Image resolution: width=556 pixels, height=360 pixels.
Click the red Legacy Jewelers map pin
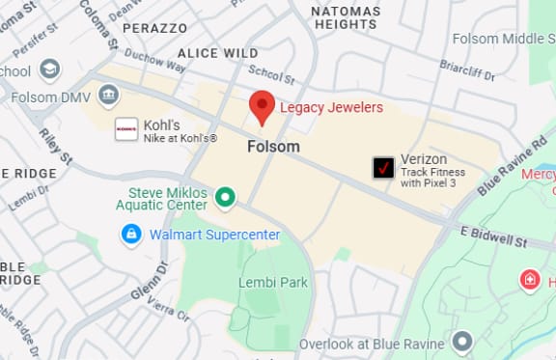[x=262, y=107]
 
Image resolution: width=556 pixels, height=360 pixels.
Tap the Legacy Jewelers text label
[x=331, y=107]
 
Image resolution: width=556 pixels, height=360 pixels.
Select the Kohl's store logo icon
[x=126, y=129]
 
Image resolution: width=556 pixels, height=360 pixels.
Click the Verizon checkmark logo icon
[x=384, y=167]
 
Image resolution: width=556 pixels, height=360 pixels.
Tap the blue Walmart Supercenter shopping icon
[x=130, y=235]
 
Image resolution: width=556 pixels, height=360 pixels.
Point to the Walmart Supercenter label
[x=214, y=235]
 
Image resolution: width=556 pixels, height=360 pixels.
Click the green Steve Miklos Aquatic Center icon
[x=226, y=199]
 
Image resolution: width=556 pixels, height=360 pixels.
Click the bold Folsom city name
[x=273, y=147]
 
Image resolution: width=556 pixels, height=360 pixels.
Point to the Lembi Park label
[x=273, y=282]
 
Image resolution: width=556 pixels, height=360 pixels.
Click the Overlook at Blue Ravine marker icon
[x=462, y=341]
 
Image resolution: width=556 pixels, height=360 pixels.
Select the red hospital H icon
[x=529, y=281]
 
